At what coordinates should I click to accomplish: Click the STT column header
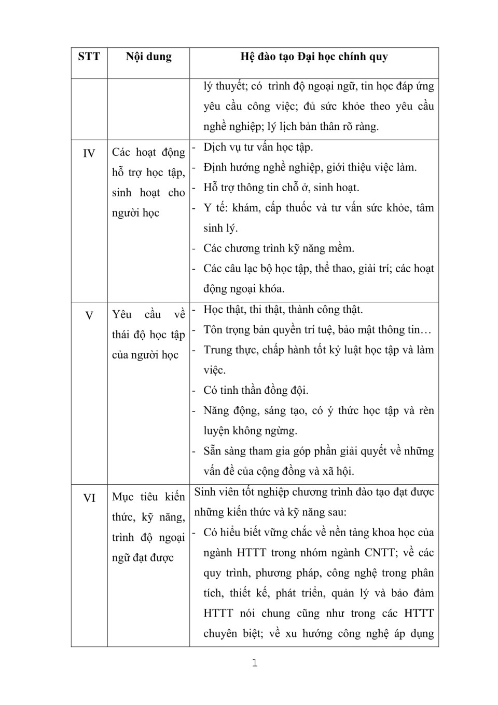pyautogui.click(x=89, y=57)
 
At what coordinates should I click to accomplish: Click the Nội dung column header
pyautogui.click(x=148, y=57)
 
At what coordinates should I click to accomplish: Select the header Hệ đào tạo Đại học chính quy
pyautogui.click(x=314, y=57)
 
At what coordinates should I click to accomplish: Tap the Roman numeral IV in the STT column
pyautogui.click(x=89, y=153)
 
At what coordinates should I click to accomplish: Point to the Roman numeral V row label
pyautogui.click(x=89, y=315)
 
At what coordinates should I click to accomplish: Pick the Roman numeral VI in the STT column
pyautogui.click(x=89, y=498)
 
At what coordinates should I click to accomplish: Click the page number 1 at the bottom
pyautogui.click(x=254, y=663)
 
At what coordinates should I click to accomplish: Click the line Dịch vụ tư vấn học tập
pyautogui.click(x=258, y=148)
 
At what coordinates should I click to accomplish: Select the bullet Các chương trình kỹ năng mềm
pyautogui.click(x=279, y=248)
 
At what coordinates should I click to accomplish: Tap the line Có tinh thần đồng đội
pyautogui.click(x=256, y=390)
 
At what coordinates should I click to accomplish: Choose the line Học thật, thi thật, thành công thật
pyautogui.click(x=283, y=310)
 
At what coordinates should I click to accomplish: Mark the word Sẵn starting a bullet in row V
pyautogui.click(x=212, y=451)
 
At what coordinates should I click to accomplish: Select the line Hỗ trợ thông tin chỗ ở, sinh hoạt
pyautogui.click(x=281, y=188)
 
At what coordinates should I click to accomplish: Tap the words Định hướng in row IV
pyautogui.click(x=226, y=167)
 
